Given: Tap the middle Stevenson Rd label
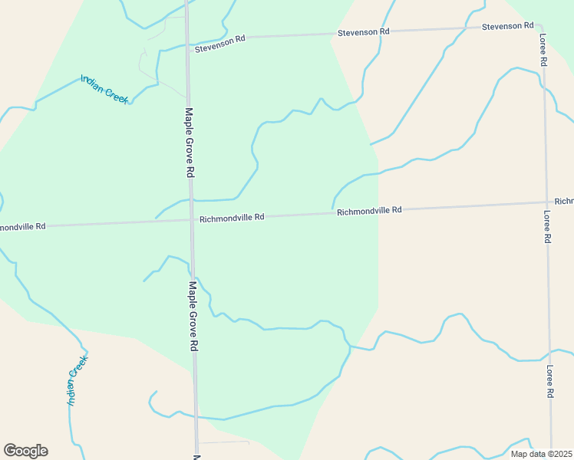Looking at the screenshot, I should [x=364, y=32].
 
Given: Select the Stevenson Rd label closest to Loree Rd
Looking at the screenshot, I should [x=507, y=27].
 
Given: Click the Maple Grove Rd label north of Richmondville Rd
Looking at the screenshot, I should [x=189, y=143].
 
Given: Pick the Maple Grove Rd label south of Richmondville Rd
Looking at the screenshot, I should [x=193, y=315].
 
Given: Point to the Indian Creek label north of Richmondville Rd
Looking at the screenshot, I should [x=104, y=89].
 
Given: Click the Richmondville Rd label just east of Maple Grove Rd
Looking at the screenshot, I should [x=232, y=218].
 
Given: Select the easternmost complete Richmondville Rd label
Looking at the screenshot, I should [x=369, y=211].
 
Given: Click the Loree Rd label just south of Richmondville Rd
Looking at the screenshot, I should [x=547, y=227].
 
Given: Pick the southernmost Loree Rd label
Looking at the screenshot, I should [x=549, y=381].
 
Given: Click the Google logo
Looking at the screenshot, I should [x=25, y=451].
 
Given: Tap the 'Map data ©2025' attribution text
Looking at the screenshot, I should [x=540, y=454].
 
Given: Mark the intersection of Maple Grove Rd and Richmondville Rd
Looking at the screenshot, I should [x=191, y=220].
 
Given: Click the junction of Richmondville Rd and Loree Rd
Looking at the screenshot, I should [x=546, y=202].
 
